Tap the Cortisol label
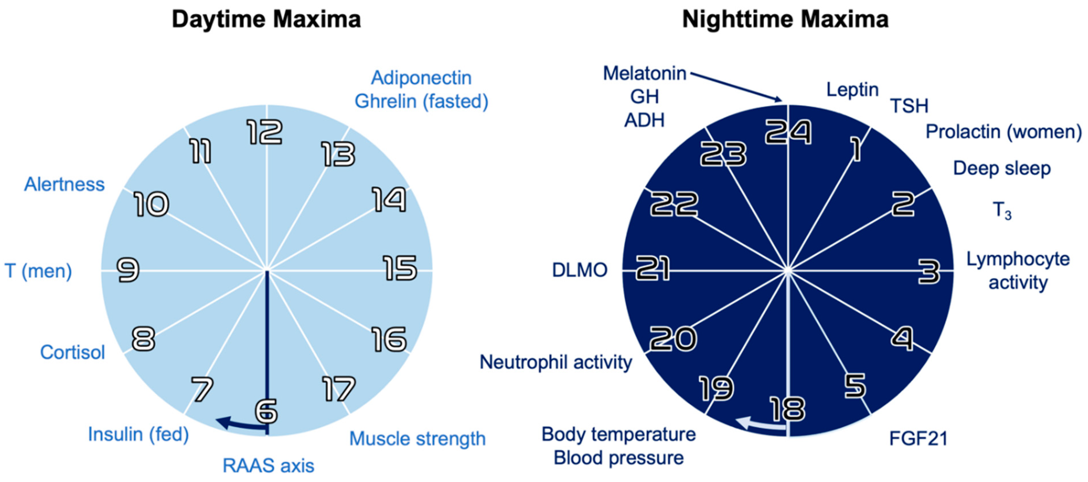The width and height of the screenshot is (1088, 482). pyautogui.click(x=72, y=352)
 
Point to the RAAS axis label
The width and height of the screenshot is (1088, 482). pyautogui.click(x=268, y=465)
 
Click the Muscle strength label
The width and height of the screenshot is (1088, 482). pyautogui.click(x=417, y=438)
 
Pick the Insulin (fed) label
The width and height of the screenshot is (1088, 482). pyautogui.click(x=138, y=434)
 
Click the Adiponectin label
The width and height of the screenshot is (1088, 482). pyautogui.click(x=421, y=78)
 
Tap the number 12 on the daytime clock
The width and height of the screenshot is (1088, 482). pyautogui.click(x=265, y=132)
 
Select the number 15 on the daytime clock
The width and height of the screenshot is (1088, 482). pyautogui.click(x=400, y=268)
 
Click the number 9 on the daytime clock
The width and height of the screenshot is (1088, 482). pyautogui.click(x=128, y=270)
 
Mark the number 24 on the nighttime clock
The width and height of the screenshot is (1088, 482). pyautogui.click(x=788, y=132)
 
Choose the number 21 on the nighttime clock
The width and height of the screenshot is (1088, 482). pyautogui.click(x=653, y=268)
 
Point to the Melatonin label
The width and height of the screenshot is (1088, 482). pyautogui.click(x=644, y=74)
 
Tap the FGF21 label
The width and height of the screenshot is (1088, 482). pyautogui.click(x=918, y=438)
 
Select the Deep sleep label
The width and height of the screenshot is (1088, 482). pyautogui.click(x=1002, y=168)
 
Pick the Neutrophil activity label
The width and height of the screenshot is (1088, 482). pyautogui.click(x=555, y=362)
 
